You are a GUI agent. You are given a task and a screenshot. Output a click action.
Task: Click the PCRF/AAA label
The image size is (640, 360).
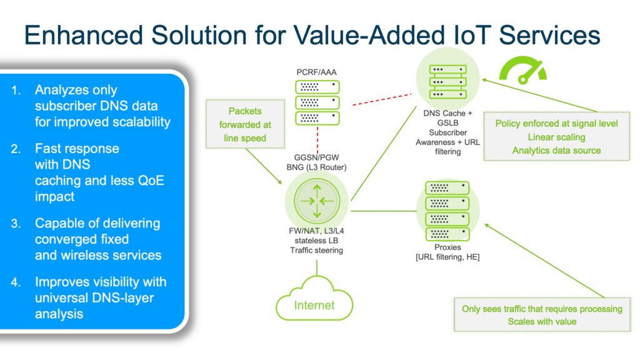click(x=317, y=73)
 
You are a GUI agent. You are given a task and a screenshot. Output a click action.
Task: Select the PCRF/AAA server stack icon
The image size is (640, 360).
click(x=317, y=102)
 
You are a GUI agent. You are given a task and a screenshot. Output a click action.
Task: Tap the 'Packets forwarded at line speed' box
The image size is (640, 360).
click(x=245, y=124)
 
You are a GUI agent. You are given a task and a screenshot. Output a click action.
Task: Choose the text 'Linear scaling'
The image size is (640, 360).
click(x=556, y=137)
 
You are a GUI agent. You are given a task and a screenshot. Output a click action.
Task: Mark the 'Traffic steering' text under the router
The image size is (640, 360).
click(x=316, y=250)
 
